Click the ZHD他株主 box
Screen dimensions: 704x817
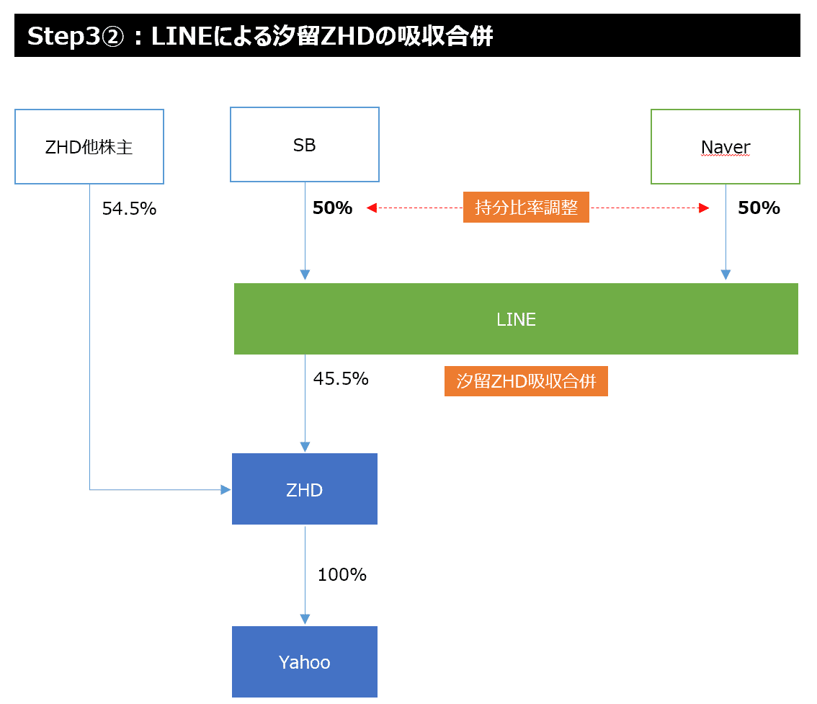[x=89, y=146]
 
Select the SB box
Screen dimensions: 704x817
[x=305, y=145]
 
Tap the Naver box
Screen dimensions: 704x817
[x=725, y=147]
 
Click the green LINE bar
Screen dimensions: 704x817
[x=516, y=319]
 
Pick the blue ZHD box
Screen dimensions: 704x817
[x=304, y=489]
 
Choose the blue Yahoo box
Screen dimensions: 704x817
[x=304, y=662]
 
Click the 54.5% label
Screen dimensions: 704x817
[x=129, y=209]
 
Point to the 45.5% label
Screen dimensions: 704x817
[x=341, y=378]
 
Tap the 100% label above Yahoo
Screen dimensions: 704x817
[x=342, y=574]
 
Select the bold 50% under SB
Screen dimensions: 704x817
[x=332, y=208]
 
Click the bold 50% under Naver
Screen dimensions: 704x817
[x=759, y=208]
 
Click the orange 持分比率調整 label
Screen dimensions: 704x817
[x=526, y=208]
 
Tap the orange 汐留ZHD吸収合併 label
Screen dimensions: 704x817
[x=526, y=382]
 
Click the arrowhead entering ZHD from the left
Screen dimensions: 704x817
[x=226, y=490]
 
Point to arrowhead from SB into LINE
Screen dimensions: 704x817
[x=305, y=275]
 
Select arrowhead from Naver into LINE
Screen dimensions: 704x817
[x=726, y=275]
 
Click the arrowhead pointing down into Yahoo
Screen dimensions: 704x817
[x=305, y=619]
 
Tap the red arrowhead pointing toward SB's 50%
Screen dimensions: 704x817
[x=372, y=208]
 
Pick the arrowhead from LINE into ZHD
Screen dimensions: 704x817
[x=305, y=447]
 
